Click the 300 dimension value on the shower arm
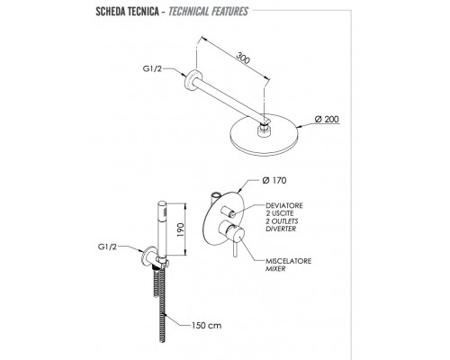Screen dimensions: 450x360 click(243, 58)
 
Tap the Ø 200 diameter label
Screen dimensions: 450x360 click(327, 120)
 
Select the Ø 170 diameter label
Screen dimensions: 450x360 click(274, 180)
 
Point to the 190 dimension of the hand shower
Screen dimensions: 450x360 click(180, 229)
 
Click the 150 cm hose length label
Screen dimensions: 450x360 click(206, 325)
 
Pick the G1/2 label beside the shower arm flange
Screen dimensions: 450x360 click(152, 69)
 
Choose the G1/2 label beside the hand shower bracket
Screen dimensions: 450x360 click(107, 247)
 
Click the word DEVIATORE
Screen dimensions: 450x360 click(284, 206)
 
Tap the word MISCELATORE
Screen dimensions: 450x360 click(289, 261)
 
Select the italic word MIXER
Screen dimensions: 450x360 click(275, 269)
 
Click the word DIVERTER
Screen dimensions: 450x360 click(281, 229)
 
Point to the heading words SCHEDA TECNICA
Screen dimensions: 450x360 click(127, 12)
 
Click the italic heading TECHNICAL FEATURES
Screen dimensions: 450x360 click(208, 12)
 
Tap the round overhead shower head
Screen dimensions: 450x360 click(264, 135)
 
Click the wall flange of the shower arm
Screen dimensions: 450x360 click(191, 80)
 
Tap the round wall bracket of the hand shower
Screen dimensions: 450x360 click(148, 256)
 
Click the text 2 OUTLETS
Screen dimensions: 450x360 click(282, 221)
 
